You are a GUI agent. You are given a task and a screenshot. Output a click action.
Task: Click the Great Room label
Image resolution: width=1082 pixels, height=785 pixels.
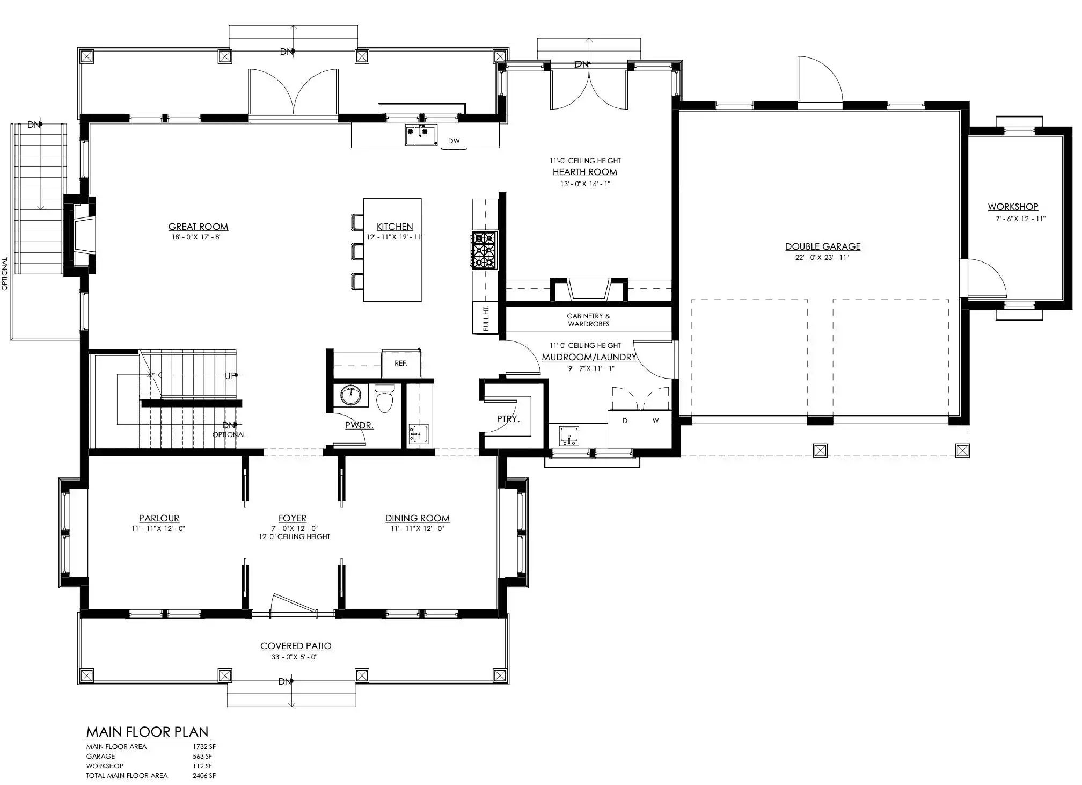click(198, 227)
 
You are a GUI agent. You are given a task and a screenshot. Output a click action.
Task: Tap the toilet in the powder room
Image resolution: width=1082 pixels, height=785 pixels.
click(384, 398)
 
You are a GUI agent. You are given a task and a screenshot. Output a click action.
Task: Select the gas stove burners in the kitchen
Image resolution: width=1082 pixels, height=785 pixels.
click(484, 250)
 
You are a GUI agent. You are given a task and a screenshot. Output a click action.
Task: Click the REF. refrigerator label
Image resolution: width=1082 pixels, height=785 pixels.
click(401, 364)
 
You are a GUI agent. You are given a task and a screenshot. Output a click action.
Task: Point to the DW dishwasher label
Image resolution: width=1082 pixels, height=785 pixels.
click(454, 141)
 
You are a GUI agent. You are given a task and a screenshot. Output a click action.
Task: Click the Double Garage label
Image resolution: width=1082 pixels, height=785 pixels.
click(823, 246)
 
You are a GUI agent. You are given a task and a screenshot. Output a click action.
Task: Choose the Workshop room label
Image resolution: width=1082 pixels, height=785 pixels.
click(1013, 207)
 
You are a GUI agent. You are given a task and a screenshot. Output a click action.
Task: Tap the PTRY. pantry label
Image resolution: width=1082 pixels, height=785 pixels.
click(508, 419)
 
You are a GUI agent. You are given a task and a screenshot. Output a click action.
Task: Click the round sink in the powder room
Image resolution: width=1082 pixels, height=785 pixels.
click(352, 396)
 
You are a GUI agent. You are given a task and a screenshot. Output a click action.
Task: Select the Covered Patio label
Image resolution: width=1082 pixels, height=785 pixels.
click(296, 646)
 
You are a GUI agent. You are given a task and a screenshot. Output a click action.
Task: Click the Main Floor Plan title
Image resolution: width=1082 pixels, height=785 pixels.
click(148, 732)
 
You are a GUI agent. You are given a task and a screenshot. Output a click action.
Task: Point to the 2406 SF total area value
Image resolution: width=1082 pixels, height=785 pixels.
click(204, 776)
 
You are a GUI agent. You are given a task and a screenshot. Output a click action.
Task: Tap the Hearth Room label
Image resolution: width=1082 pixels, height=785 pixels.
click(585, 172)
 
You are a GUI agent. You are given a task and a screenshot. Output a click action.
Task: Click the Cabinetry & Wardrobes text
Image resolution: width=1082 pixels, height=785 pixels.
click(589, 320)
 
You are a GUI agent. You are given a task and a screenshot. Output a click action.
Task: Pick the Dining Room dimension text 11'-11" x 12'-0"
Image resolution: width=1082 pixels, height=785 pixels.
click(417, 529)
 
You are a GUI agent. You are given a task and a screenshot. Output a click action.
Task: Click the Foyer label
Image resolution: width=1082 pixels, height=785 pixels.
click(293, 518)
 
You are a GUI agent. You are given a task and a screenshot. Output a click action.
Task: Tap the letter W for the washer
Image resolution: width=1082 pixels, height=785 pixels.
click(655, 421)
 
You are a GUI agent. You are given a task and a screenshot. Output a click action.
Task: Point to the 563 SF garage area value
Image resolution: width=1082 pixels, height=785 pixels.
click(202, 757)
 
